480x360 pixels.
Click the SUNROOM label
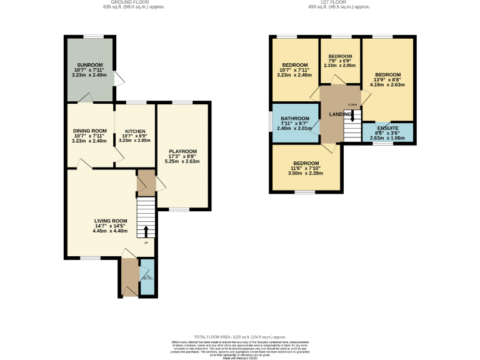coord(89,65)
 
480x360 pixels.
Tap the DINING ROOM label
coord(89,131)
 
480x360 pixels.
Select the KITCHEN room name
coord(134,131)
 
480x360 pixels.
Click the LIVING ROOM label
coord(111,221)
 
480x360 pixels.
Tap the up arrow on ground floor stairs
coord(146,232)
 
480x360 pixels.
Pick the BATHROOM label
coord(295,119)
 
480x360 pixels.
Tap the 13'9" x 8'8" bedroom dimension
coord(387,80)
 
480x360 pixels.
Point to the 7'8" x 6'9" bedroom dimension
coord(340,61)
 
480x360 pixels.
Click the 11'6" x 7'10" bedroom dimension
coord(306,167)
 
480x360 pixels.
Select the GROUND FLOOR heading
coord(121,2)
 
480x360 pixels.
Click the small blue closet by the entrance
coord(146,281)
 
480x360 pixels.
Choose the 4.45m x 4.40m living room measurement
coord(111,231)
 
